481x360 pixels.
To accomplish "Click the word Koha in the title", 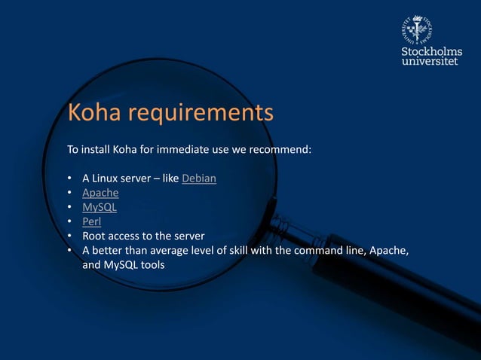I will point(94,113).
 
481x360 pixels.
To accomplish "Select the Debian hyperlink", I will point(199,178).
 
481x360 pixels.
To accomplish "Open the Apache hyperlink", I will point(100,193).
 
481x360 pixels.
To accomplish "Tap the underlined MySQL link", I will point(100,207).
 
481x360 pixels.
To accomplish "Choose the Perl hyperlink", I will point(91,221).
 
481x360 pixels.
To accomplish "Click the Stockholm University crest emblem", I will point(415,31).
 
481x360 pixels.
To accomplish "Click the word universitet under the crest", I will point(429,61).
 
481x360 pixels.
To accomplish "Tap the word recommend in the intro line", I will point(282,150).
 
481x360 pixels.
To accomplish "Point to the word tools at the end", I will point(151,264).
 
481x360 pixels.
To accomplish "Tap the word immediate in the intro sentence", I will point(171,150).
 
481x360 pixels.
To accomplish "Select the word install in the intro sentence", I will point(95,150).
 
